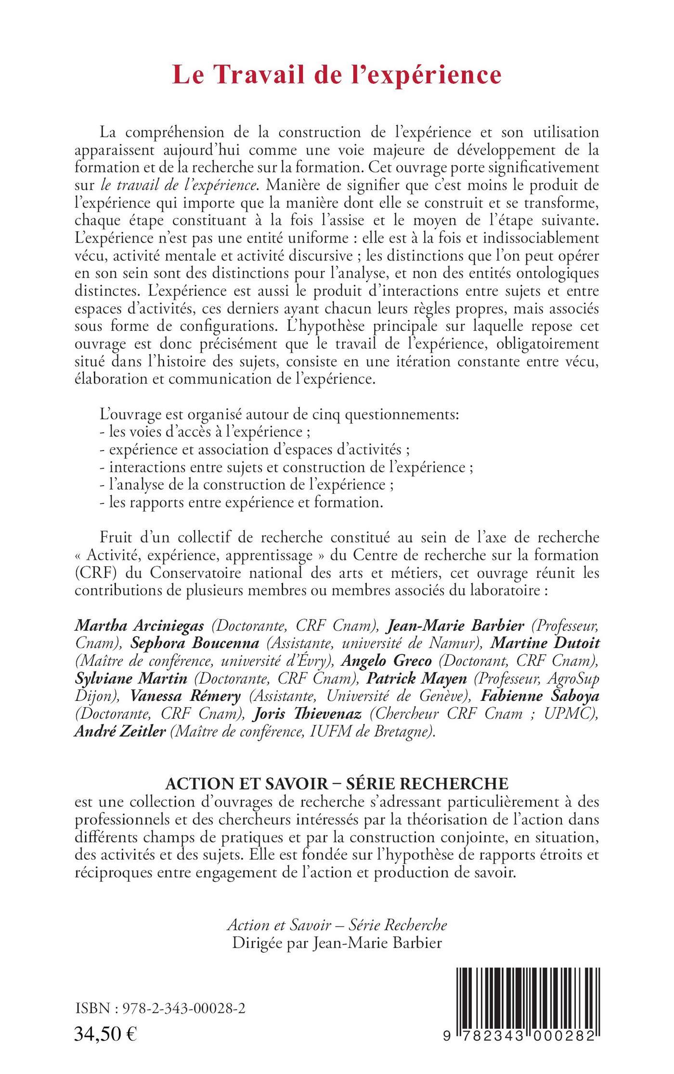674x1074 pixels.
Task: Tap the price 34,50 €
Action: (x=105, y=1033)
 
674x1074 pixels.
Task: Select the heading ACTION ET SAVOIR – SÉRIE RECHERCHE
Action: (x=337, y=783)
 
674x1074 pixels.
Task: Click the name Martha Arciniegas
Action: (x=140, y=626)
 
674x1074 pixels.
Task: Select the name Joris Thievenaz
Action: (x=308, y=713)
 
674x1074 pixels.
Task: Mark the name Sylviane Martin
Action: (x=131, y=678)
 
